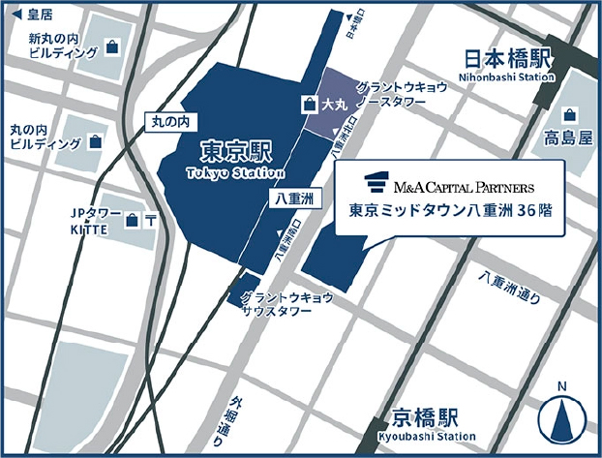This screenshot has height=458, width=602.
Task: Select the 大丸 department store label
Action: [335, 102]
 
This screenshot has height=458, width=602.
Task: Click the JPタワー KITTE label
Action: [93, 220]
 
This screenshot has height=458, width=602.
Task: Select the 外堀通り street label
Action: [226, 416]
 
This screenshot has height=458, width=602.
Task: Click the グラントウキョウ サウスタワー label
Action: [286, 303]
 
